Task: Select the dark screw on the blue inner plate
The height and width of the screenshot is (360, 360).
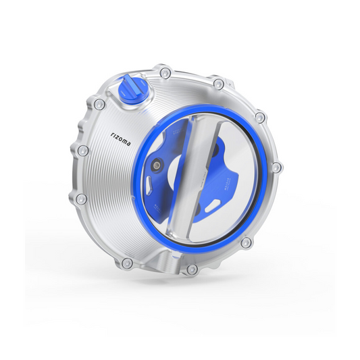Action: coord(157,165)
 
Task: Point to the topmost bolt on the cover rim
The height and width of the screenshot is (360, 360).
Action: coord(165,71)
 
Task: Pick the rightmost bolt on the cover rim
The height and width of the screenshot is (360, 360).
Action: coord(276,167)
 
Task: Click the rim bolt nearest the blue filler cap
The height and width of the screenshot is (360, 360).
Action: coord(100,104)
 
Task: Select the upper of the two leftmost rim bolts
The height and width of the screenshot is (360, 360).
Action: coord(82,150)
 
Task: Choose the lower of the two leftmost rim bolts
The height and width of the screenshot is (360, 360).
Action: coord(81,199)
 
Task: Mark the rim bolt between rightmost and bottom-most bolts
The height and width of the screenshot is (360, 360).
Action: coord(247,242)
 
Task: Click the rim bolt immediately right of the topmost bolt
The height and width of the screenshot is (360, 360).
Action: coord(218,84)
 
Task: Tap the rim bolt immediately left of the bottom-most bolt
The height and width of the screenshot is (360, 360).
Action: coord(126,261)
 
